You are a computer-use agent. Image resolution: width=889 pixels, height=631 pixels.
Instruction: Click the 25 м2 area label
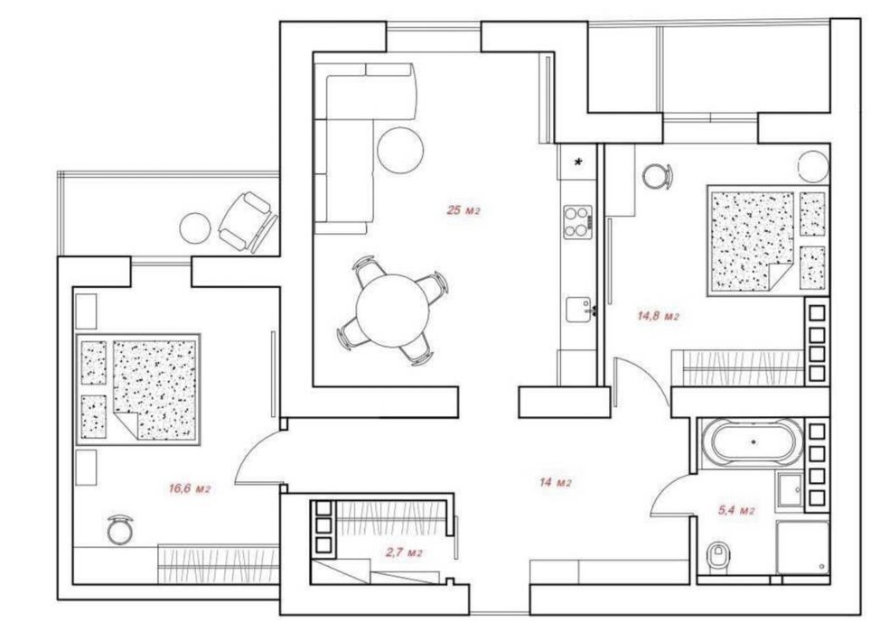463,210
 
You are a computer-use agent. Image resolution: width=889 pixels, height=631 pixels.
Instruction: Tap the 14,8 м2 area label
658,316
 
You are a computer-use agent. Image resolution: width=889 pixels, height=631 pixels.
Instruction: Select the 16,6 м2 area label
190,488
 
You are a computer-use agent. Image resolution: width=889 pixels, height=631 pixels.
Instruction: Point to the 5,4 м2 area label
736,510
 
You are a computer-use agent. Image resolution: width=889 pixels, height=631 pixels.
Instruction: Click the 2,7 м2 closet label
404,552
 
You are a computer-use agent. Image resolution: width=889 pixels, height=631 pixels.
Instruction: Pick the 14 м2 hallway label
555,483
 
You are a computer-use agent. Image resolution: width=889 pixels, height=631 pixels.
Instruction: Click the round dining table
392,311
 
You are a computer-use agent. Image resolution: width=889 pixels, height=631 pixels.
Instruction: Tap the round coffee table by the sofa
400,150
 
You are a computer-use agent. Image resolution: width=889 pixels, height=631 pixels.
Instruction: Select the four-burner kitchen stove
577,221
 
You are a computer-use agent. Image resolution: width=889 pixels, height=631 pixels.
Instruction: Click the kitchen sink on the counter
578,310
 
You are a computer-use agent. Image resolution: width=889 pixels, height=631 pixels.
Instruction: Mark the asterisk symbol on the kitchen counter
578,162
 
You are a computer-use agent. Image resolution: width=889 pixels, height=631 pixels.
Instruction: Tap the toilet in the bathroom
717,556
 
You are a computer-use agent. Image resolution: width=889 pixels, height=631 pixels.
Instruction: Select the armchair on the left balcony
248,222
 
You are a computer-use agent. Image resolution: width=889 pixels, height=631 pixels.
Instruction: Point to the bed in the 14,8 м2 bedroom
767,241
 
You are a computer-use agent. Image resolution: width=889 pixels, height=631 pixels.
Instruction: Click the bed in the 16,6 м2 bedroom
137,390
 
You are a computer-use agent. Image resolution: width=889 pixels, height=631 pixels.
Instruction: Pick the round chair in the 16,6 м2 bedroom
120,530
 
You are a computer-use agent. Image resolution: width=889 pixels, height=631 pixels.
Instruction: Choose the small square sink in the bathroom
791,489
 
